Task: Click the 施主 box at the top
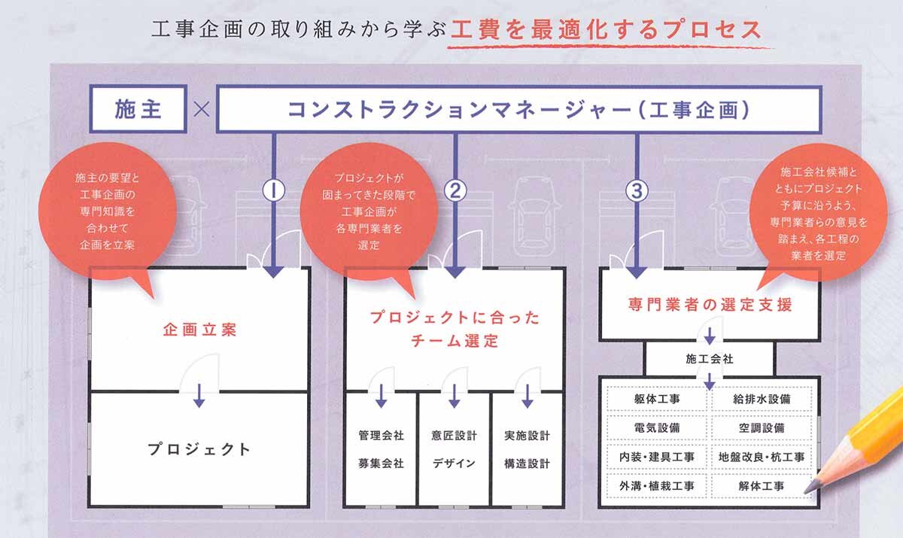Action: (x=138, y=110)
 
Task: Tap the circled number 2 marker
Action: (x=455, y=190)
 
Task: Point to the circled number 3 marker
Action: (x=637, y=190)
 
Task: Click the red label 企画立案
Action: (x=199, y=330)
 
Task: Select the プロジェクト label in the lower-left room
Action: (x=199, y=449)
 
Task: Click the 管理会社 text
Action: (x=381, y=435)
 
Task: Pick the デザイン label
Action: (x=454, y=464)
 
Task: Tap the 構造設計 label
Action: (x=527, y=464)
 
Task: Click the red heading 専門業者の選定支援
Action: (x=710, y=305)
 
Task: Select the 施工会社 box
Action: (x=710, y=359)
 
